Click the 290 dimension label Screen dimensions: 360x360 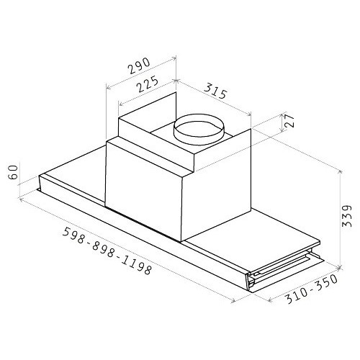139,66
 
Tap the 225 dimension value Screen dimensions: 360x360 148,84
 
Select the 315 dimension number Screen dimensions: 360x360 215,91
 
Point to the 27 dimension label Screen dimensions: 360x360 289,121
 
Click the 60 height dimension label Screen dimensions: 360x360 13,172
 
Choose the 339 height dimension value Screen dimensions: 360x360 346,215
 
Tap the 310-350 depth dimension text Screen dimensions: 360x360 312,289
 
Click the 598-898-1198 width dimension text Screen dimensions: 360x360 107,251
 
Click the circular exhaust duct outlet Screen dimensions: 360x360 199,130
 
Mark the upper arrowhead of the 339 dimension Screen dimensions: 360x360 340,172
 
